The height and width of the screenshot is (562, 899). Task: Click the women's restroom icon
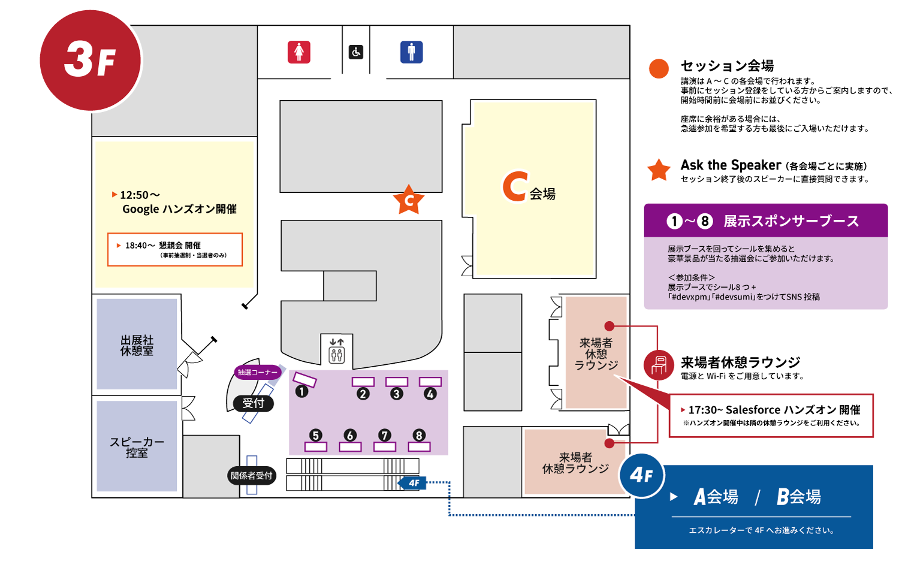pyautogui.click(x=299, y=52)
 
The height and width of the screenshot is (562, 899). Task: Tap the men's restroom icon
pyautogui.click(x=411, y=52)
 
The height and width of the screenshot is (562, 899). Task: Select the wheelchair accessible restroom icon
pyautogui.click(x=356, y=52)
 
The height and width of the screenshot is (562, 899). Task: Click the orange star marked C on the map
pyautogui.click(x=409, y=200)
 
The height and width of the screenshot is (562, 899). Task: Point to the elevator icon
pyautogui.click(x=337, y=351)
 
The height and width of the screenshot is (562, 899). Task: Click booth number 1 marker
pyautogui.click(x=301, y=392)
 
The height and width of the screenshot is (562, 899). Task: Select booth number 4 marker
pyautogui.click(x=430, y=394)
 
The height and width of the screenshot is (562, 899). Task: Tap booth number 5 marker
pyautogui.click(x=316, y=436)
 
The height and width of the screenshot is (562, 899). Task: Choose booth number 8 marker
pyautogui.click(x=419, y=436)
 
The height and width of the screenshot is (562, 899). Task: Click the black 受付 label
pyautogui.click(x=254, y=403)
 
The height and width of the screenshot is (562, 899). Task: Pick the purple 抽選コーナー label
pyautogui.click(x=258, y=372)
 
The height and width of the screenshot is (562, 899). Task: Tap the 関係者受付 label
pyautogui.click(x=252, y=476)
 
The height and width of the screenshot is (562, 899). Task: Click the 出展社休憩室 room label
pyautogui.click(x=137, y=346)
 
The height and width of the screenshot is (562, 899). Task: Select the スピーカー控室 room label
pyautogui.click(x=137, y=448)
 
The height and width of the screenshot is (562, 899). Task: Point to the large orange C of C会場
pyautogui.click(x=515, y=186)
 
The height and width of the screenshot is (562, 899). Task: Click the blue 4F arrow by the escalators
pyautogui.click(x=413, y=483)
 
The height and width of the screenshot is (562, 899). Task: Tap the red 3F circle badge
pyautogui.click(x=90, y=61)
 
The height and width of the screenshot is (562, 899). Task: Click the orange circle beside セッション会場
pyautogui.click(x=659, y=68)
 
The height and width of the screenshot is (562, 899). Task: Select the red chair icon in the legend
pyautogui.click(x=659, y=364)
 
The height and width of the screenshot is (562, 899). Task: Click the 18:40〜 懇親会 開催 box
pyautogui.click(x=175, y=249)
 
